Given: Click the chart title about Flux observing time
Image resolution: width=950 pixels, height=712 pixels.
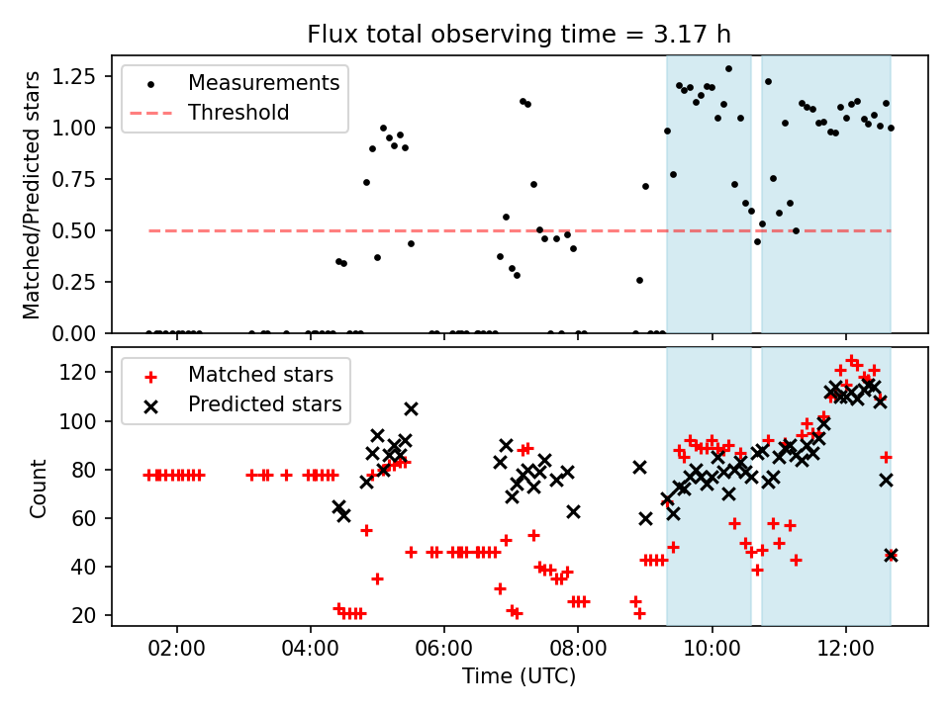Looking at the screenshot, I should (520, 35).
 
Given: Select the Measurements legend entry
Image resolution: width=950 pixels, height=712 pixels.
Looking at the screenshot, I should (264, 82).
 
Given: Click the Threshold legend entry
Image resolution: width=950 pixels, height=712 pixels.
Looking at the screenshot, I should (238, 113).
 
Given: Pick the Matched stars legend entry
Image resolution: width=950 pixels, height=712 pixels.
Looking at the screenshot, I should (260, 375).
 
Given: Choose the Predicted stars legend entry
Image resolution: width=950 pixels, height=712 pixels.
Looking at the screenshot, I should (264, 404).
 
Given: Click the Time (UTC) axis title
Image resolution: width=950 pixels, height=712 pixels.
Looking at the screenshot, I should (520, 677).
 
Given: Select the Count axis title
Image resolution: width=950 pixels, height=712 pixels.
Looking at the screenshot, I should (39, 488).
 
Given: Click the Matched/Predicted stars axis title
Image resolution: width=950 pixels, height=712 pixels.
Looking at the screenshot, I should (33, 195).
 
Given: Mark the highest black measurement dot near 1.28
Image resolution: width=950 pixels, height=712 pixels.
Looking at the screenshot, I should (728, 69).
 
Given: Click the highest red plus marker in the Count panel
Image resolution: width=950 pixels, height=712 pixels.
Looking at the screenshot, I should (851, 361).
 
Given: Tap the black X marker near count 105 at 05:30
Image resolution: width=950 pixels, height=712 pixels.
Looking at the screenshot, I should (411, 408).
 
